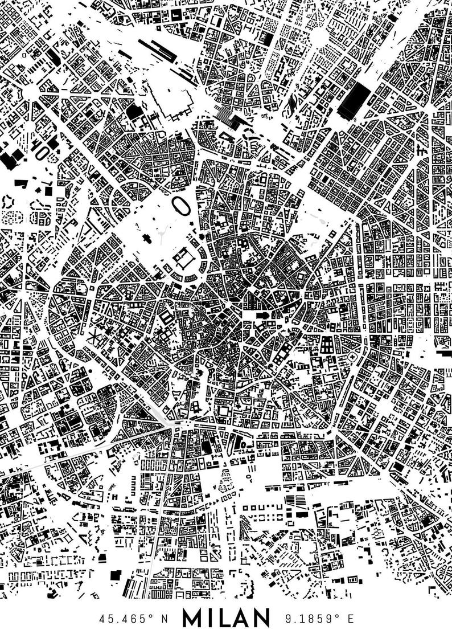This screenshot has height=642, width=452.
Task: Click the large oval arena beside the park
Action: tap(182, 206)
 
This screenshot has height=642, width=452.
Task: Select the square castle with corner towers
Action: tap(183, 260)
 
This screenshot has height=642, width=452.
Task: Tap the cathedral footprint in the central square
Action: tap(264, 316)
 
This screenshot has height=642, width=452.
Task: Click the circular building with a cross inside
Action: tap(354, 356)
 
